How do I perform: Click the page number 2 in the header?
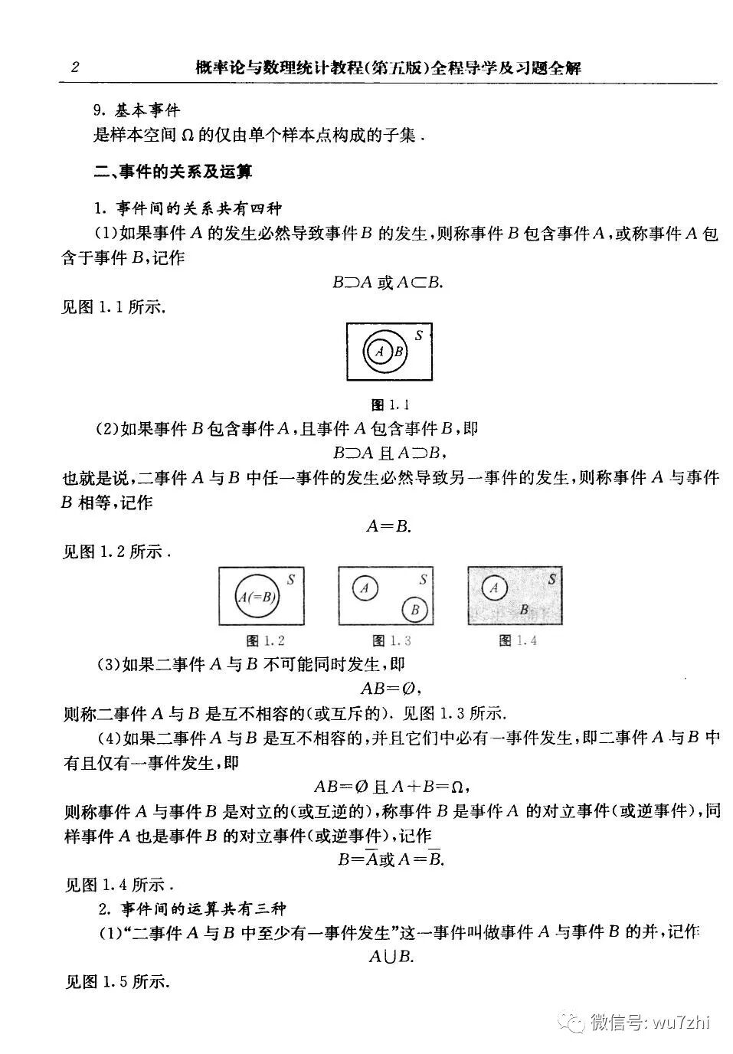(75, 67)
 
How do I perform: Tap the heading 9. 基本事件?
(136, 111)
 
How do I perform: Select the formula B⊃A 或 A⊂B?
(388, 283)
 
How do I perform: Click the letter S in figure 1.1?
(419, 335)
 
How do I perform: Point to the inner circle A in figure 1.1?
(379, 352)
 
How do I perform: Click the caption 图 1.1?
(390, 404)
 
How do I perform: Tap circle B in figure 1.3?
(414, 610)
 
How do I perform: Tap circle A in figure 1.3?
(365, 588)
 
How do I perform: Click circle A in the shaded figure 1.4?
(495, 588)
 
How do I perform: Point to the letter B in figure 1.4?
(524, 610)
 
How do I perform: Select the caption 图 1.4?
(518, 640)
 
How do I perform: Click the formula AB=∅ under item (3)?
(391, 688)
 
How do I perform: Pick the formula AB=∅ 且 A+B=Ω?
(391, 787)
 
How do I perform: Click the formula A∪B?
(391, 956)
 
